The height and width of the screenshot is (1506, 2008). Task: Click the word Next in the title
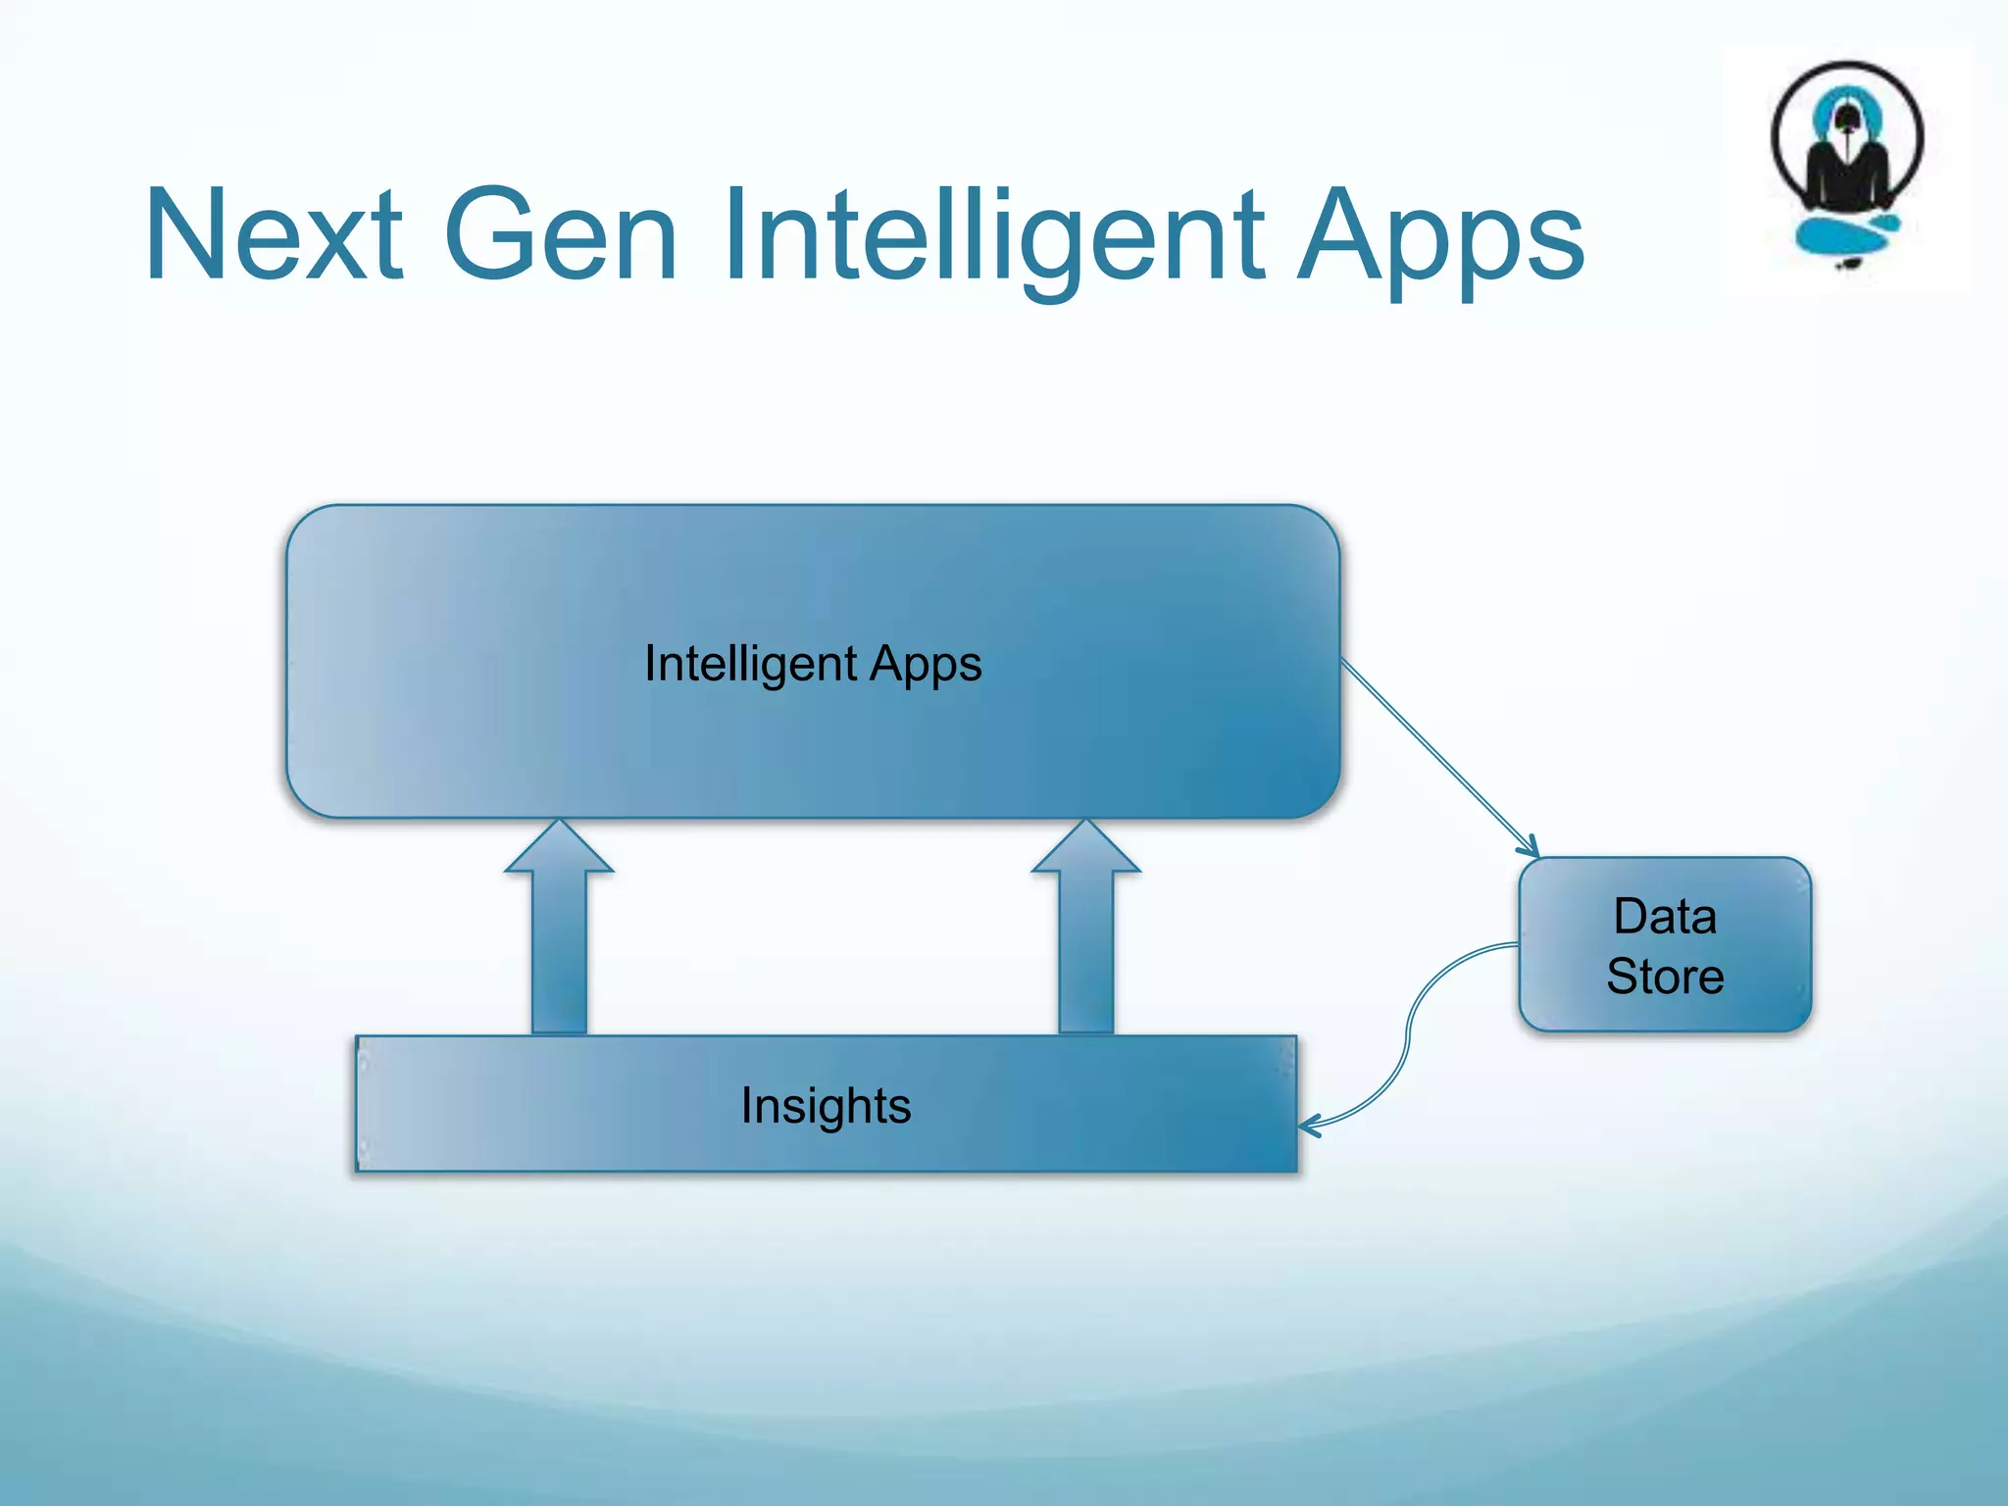[274, 235]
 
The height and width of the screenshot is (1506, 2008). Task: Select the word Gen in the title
[560, 235]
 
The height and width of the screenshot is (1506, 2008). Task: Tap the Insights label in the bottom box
[826, 1107]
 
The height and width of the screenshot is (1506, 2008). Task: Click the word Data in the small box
[1665, 917]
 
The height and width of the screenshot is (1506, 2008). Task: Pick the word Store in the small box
[1665, 977]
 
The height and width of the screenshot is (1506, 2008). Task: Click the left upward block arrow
[559, 941]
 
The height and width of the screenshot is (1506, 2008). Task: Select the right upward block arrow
[1086, 941]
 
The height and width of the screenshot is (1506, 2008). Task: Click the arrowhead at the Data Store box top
[1530, 848]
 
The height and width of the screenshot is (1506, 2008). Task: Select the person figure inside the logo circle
[1847, 157]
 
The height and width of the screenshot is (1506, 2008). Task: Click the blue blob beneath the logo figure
[1843, 235]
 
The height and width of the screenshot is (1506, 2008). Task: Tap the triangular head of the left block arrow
[559, 848]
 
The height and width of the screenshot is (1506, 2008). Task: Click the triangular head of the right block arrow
[1086, 848]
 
